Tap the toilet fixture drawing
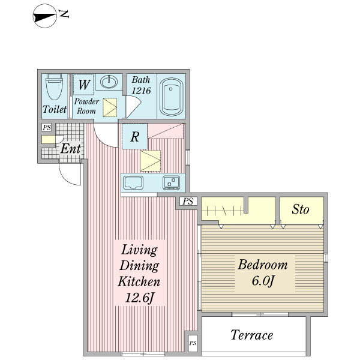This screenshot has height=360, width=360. [x=55, y=87]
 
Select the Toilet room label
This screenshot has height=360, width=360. [x=55, y=109]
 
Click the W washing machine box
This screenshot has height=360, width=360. [x=83, y=85]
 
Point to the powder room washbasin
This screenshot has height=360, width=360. [x=109, y=82]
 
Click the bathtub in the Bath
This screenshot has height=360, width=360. [x=171, y=97]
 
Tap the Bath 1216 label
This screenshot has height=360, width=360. [x=141, y=85]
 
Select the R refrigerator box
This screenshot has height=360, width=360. [x=134, y=136]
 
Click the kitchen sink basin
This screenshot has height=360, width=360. [x=133, y=182]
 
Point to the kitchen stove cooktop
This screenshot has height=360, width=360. [x=171, y=183]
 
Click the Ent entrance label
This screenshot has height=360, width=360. [x=71, y=149]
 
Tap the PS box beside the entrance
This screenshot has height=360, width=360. [x=47, y=127]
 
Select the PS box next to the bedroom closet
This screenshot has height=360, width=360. [x=188, y=202]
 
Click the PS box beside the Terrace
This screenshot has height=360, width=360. [x=193, y=343]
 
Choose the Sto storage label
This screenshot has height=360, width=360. [x=301, y=209]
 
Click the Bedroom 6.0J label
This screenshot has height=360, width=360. [x=263, y=272]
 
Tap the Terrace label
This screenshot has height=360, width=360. [x=252, y=335]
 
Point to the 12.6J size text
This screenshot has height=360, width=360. [x=139, y=298]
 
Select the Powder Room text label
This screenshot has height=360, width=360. [x=86, y=106]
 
